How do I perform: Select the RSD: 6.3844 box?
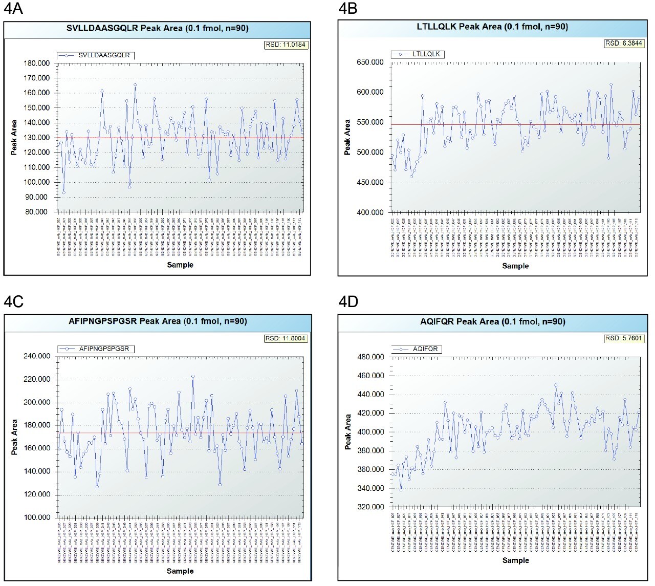[623, 44]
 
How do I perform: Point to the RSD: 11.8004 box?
[286, 338]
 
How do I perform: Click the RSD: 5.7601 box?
[623, 338]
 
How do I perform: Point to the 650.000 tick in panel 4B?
[370, 62]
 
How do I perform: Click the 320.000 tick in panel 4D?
[370, 507]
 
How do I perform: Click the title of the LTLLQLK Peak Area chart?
[492, 27]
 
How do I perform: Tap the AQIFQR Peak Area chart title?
[492, 321]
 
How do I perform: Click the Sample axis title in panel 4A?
[180, 265]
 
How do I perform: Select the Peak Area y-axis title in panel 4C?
[14, 437]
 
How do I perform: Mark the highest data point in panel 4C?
[193, 376]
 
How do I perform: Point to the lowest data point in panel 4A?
[63, 192]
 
